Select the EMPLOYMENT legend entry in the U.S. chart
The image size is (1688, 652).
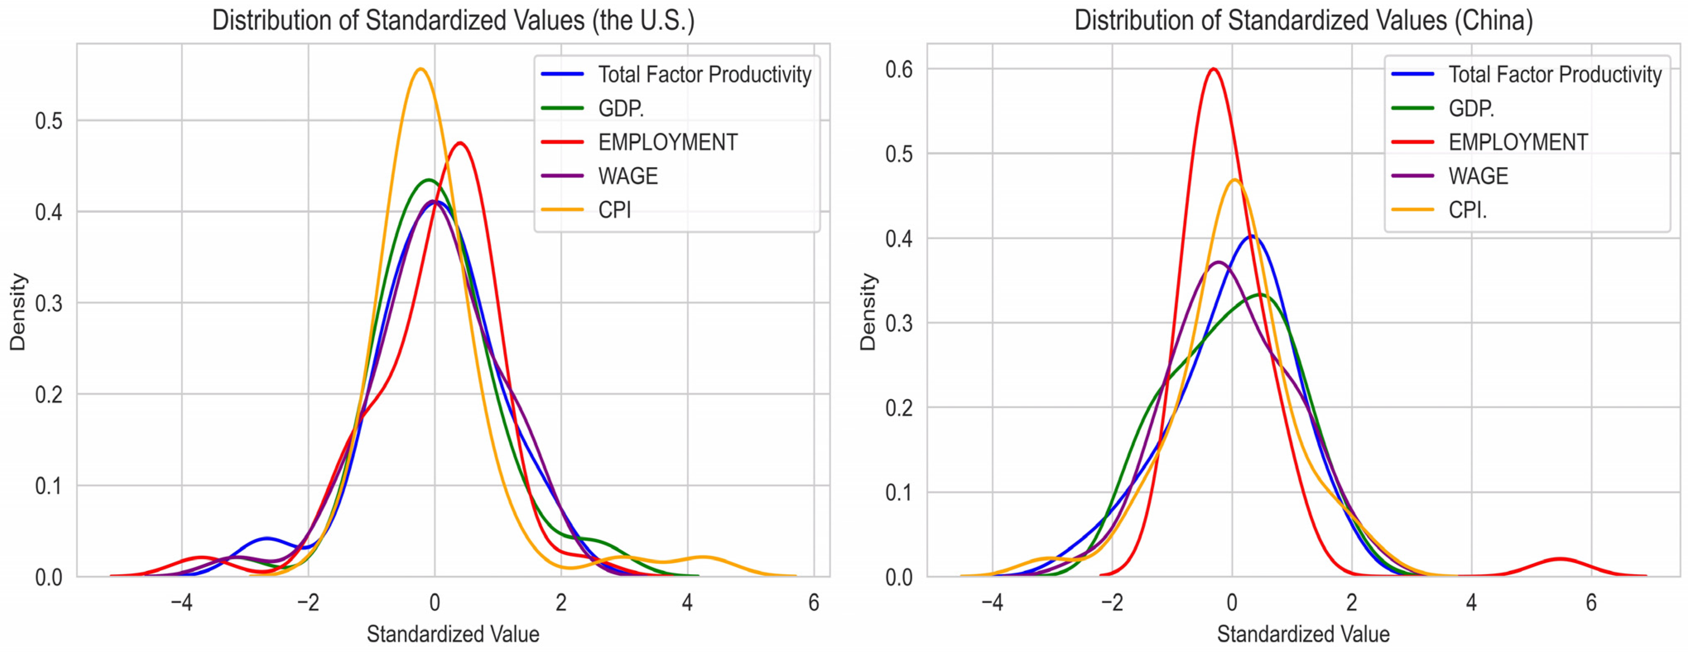tap(667, 142)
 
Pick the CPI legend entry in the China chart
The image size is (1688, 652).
tap(1467, 210)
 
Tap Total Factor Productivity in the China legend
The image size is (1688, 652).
tap(1554, 75)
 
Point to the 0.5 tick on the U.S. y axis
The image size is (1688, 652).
tap(49, 121)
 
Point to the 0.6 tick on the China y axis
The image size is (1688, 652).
tap(898, 70)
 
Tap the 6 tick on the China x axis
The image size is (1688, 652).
tap(1591, 603)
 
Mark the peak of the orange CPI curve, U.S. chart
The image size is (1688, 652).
tap(420, 69)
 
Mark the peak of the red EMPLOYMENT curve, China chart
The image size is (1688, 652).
tap(1214, 69)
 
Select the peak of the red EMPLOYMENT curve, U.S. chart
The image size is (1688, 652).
tap(461, 143)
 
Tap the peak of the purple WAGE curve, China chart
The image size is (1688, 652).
tap(1218, 262)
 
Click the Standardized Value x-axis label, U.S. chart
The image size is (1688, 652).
tap(453, 634)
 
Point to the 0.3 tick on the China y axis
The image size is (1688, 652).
tap(898, 324)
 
